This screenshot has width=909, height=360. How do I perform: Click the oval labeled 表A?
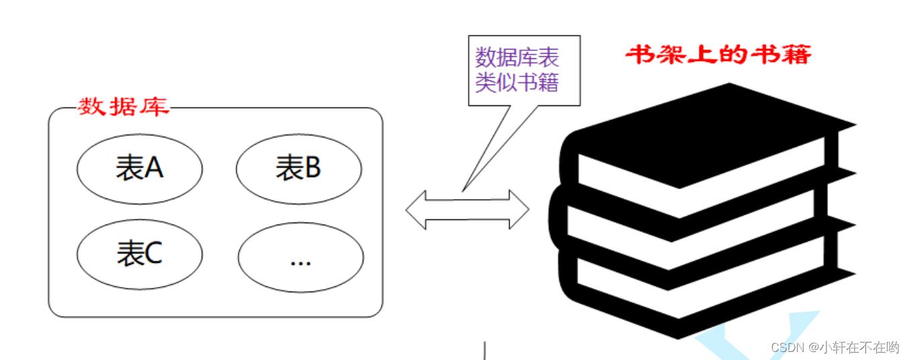(x=139, y=168)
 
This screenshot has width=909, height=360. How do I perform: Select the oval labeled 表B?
(x=299, y=168)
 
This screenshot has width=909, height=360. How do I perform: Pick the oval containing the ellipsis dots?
(x=300, y=258)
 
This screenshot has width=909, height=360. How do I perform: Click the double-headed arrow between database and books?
(x=467, y=209)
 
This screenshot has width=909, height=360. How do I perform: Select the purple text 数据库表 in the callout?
(x=517, y=57)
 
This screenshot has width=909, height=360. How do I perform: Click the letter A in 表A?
(x=154, y=168)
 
